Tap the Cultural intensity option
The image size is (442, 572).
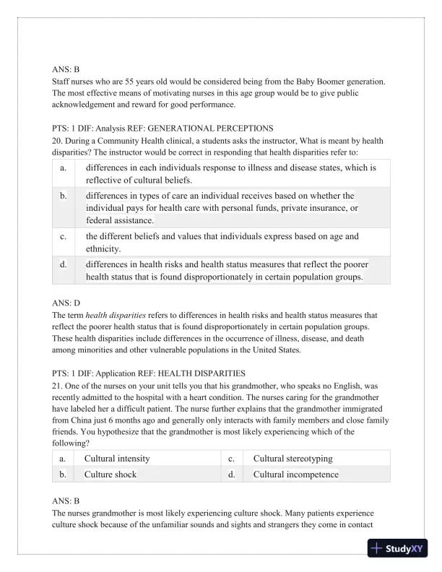(x=117, y=459)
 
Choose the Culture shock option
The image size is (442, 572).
(x=110, y=474)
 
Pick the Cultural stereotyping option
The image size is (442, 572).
(x=293, y=459)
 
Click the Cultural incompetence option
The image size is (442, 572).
(x=295, y=474)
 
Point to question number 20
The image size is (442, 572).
(x=57, y=140)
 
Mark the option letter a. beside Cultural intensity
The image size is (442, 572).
(x=64, y=459)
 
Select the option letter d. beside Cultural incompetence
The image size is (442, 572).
(x=233, y=474)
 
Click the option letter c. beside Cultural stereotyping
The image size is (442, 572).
(x=233, y=459)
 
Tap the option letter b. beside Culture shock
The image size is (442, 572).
(x=64, y=474)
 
